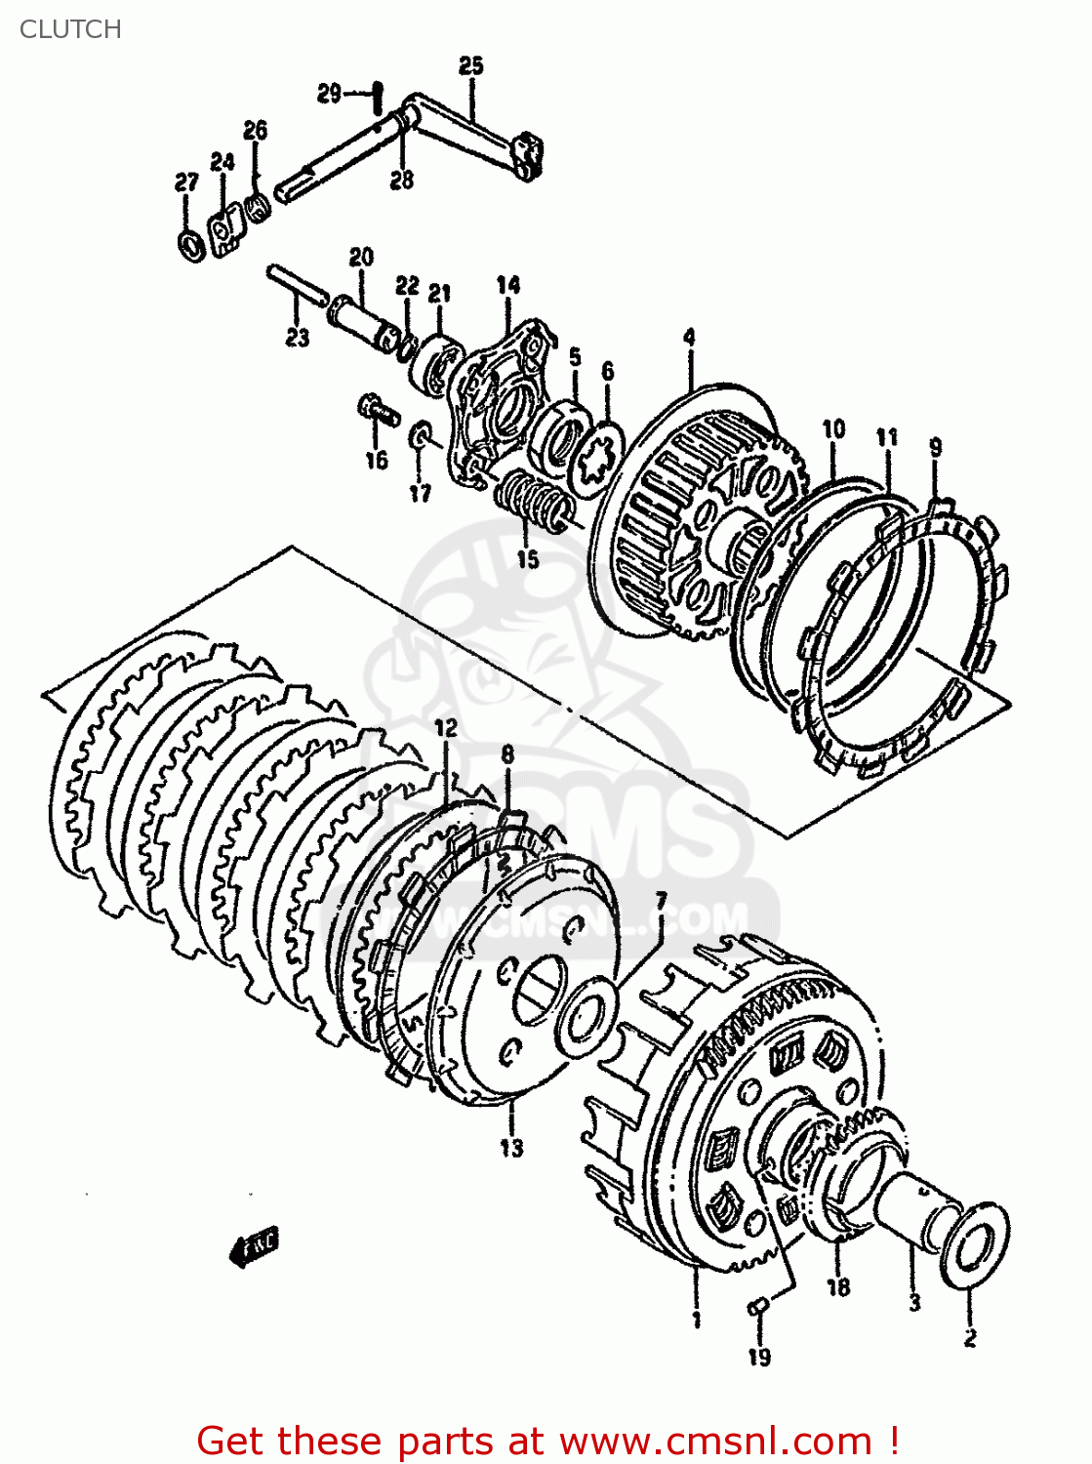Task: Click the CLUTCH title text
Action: pos(70,29)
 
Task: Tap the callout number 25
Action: pos(470,65)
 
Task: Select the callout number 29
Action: pos(330,94)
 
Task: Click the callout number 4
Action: pos(689,338)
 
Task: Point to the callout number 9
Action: pos(935,448)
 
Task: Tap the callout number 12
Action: pos(445,728)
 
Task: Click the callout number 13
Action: pos(511,1148)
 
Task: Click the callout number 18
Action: pos(838,1287)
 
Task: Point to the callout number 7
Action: pos(661,900)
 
